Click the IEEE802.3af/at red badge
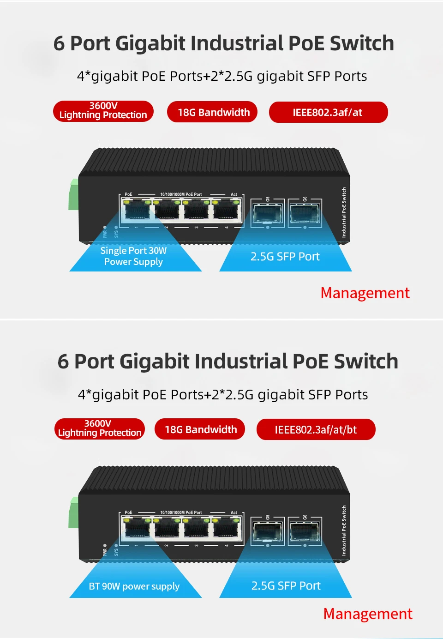tap(328, 112)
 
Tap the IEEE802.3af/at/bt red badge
tap(316, 430)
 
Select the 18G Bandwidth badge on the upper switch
tap(212, 112)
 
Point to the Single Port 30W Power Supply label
tap(133, 256)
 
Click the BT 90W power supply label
tap(134, 586)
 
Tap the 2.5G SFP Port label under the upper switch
tap(285, 257)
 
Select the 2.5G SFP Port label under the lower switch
tap(286, 586)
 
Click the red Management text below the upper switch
tap(365, 293)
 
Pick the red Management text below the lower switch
tap(368, 614)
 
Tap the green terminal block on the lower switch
tap(73, 512)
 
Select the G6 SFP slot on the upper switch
tap(304, 213)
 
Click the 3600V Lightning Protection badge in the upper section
tap(103, 111)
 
